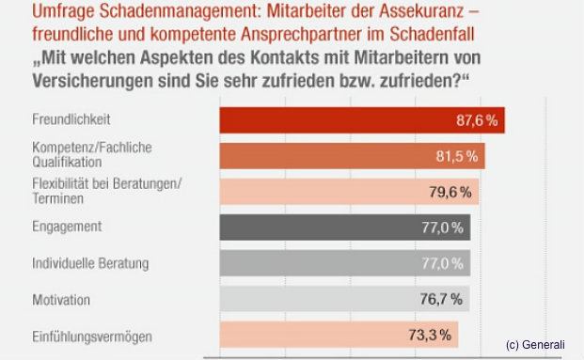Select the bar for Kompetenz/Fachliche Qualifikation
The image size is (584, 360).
click(x=352, y=156)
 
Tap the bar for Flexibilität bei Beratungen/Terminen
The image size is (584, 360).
click(x=348, y=192)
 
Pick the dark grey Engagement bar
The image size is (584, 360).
click(x=344, y=227)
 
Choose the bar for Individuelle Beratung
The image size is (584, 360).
click(x=344, y=263)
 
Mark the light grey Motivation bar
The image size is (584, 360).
click(x=343, y=299)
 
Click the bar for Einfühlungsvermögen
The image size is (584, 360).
click(x=338, y=335)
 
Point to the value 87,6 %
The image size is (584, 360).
click(x=475, y=120)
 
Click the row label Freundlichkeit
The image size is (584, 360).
click(x=59, y=120)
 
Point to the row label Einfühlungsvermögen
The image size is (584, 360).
click(x=78, y=336)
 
